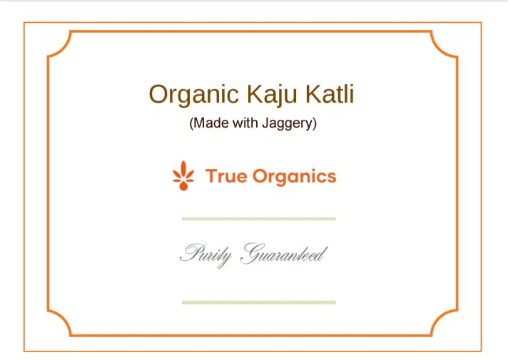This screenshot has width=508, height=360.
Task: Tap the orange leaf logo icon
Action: coord(184,176)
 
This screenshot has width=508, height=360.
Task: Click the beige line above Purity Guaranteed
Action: coord(258,218)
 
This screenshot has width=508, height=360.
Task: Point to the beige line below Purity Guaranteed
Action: coord(258,302)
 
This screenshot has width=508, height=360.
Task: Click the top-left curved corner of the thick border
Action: coord(59,43)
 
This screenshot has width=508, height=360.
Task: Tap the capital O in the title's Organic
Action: coord(158,94)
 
